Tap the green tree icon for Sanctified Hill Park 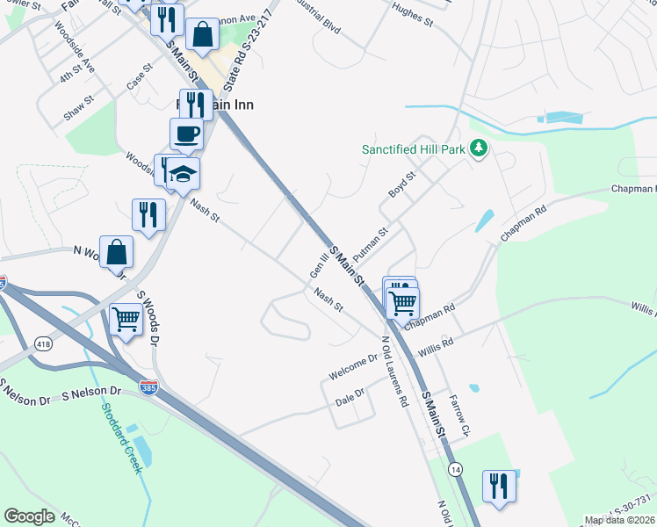(479, 148)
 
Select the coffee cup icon (186, 134)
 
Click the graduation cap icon (184, 174)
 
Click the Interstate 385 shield (149, 386)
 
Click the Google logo (29, 516)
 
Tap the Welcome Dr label (353, 366)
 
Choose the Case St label (140, 79)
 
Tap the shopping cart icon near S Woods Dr (126, 319)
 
